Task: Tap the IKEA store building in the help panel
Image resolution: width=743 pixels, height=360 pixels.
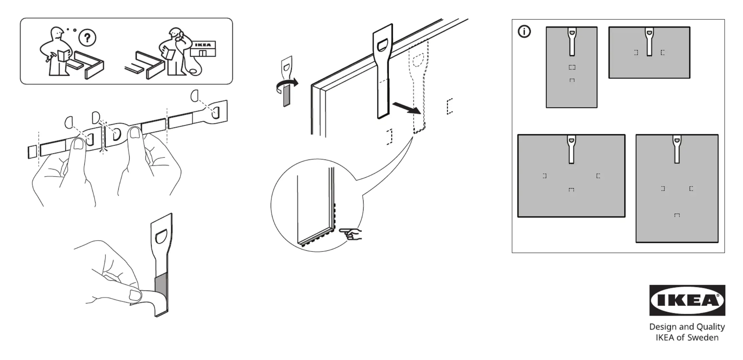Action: pos(203,49)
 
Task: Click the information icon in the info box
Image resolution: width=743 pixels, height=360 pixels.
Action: pos(524,32)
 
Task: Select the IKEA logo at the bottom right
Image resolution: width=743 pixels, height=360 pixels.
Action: pos(687,300)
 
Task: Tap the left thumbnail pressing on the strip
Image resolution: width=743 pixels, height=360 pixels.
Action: pos(79,145)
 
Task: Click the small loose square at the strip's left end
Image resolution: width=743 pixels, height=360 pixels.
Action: pos(32,152)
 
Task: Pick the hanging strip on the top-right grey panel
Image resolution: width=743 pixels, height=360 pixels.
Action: pos(649,42)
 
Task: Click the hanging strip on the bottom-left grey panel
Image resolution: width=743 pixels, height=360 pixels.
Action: pos(571,149)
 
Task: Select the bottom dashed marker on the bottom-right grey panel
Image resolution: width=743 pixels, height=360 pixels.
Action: pos(677,215)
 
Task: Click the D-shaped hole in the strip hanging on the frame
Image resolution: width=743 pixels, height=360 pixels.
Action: pos(383,45)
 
